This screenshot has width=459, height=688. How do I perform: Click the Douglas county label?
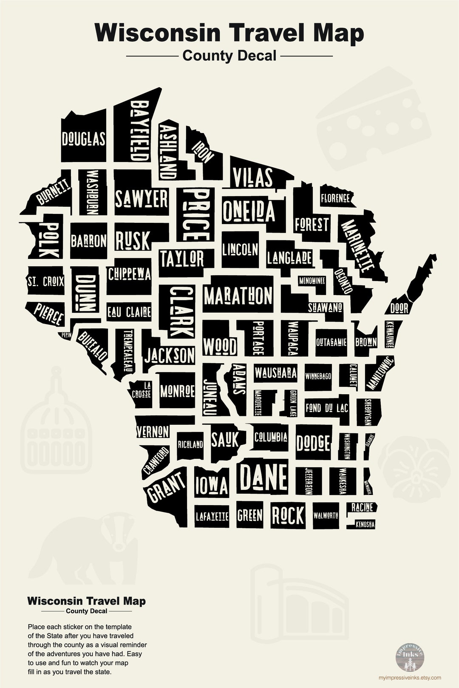coord(83,139)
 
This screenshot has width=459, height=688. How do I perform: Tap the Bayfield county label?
coord(139,131)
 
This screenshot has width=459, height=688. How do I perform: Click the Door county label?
coord(399,308)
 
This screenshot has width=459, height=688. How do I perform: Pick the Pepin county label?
coord(66,335)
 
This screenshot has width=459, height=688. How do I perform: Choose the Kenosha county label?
coord(365,525)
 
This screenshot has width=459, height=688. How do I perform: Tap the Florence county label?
coord(335,198)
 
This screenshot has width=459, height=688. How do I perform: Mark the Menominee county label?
coord(312,281)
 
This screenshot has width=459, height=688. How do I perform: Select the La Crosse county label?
coord(142,389)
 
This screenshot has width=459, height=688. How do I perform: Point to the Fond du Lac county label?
coord(326,408)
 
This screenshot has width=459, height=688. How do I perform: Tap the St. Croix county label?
coord(45,281)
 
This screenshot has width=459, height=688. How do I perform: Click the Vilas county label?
coord(252,177)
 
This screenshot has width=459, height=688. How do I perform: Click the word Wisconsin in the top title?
coord(151,33)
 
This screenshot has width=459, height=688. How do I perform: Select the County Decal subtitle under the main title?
coord(229,56)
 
